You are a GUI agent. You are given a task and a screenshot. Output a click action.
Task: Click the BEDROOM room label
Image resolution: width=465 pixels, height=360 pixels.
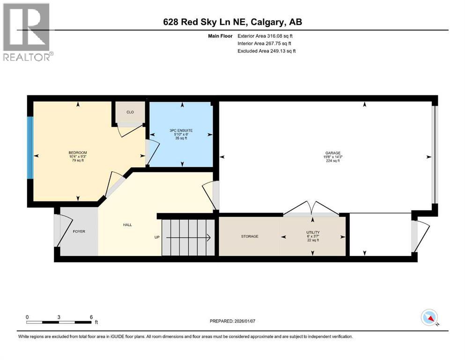tap(78, 152)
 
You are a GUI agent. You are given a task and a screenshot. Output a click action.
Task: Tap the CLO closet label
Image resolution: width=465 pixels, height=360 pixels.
tap(130, 112)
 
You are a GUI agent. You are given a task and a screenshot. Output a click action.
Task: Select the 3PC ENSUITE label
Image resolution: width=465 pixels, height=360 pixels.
tap(181, 130)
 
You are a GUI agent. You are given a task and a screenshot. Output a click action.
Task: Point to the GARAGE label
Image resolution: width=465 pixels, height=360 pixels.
tap(333, 153)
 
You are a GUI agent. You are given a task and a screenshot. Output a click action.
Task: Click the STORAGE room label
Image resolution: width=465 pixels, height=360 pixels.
tap(250, 236)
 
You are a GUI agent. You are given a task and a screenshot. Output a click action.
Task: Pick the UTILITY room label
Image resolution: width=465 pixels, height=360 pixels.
tap(313, 232)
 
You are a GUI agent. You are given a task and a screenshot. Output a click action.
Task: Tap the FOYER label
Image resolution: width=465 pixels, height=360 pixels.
tap(79, 232)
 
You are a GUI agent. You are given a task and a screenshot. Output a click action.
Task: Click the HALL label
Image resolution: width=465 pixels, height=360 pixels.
tap(127, 225)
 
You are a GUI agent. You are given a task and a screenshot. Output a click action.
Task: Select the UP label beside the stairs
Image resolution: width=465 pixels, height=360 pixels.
tap(157, 237)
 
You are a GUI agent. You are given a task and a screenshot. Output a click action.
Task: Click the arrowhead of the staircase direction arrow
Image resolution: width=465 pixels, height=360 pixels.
tap(209, 238)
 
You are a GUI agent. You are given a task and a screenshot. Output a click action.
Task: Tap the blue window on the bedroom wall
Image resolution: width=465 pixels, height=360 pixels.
tap(30, 148)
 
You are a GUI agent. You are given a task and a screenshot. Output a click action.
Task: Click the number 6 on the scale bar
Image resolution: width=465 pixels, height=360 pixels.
tap(91, 317)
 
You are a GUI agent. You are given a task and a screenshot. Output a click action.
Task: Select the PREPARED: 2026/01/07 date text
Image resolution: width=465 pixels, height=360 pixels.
tap(232, 321)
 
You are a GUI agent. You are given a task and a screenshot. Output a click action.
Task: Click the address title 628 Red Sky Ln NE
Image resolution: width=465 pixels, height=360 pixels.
tap(207, 22)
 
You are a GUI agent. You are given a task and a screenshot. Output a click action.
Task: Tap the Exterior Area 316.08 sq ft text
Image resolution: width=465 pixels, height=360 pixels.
tap(265, 36)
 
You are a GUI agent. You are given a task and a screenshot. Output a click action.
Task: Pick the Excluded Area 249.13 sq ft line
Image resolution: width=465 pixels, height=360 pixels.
tap(266, 51)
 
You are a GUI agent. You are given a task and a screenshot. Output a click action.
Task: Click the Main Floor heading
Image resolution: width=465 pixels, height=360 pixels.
tap(220, 36)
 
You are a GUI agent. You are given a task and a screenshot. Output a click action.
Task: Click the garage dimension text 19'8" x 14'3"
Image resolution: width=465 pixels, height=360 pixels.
tap(333, 157)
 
